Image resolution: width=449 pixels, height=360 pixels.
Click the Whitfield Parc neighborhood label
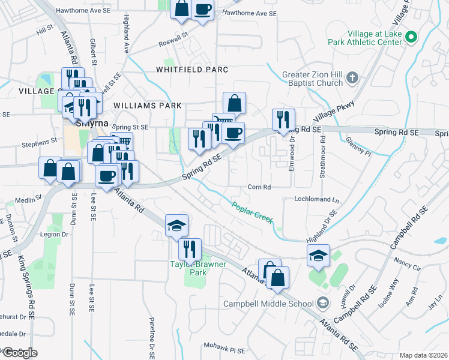(x=192, y=70)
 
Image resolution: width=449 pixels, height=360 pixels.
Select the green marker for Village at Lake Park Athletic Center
(x=411, y=37)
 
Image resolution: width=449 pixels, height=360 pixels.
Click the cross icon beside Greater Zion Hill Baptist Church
(x=352, y=77)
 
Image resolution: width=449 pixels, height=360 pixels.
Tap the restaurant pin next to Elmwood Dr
(x=282, y=119)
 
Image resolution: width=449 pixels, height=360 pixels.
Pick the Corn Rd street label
(x=259, y=187)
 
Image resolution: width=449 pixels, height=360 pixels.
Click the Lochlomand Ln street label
(x=316, y=199)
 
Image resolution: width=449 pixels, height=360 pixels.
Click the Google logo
(x=19, y=353)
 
